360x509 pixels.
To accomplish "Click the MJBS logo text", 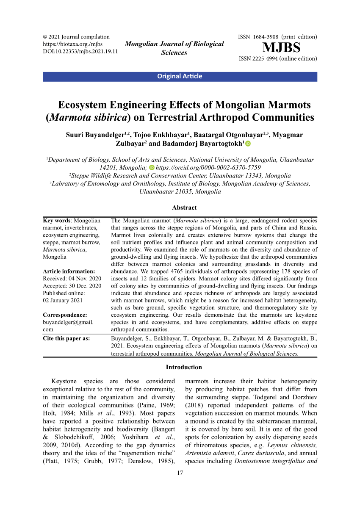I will point(281,47).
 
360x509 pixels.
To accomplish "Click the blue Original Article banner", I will point(180,77).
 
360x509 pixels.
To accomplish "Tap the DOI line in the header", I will point(80,52).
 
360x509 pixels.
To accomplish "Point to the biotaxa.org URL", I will point(73,44).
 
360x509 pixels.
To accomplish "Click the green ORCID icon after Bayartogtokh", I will point(248,144).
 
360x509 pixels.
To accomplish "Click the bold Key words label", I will point(57,221).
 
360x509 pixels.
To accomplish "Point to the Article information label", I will point(69,271).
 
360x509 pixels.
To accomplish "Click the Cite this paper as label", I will point(66,338).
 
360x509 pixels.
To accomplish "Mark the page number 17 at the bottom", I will point(180,473).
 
